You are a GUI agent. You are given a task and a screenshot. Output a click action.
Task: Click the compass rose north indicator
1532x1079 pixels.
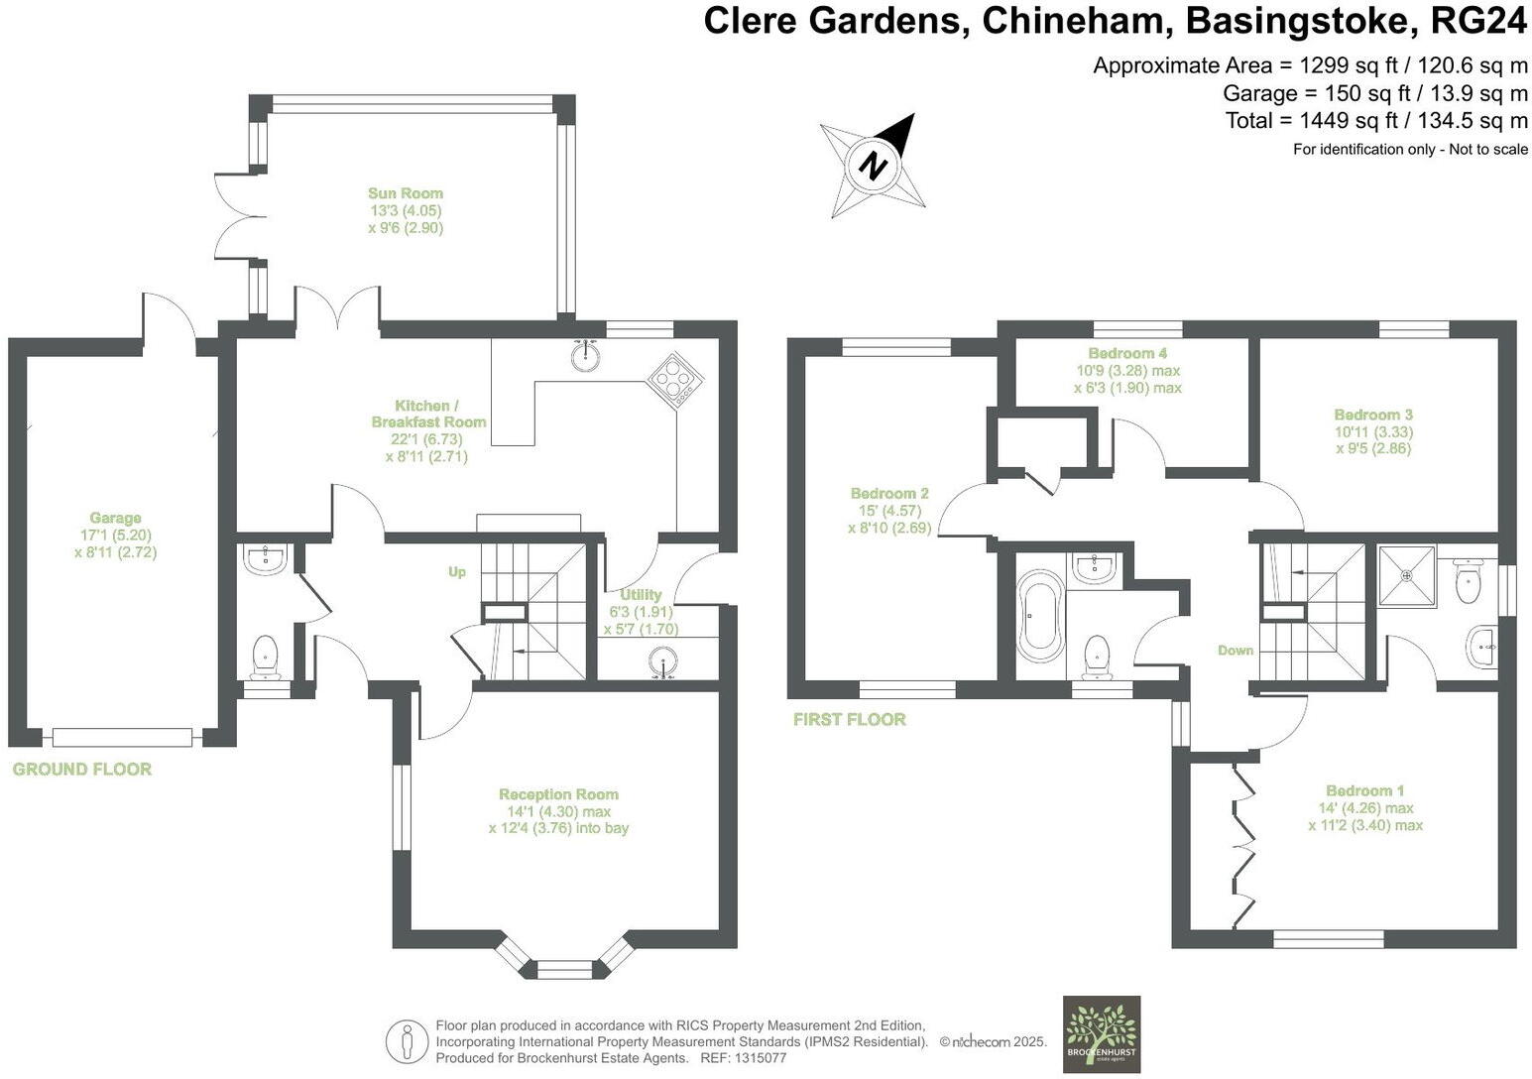pos(873,165)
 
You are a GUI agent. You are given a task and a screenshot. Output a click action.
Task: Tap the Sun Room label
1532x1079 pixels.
pos(405,193)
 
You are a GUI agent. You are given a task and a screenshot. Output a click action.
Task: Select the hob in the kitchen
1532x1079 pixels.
pos(675,380)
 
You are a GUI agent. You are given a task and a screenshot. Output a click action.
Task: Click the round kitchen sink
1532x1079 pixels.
pos(587,355)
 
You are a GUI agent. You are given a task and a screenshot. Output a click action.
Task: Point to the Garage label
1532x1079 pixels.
pos(115,518)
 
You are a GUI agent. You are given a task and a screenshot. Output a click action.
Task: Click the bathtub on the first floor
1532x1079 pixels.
pos(1040,615)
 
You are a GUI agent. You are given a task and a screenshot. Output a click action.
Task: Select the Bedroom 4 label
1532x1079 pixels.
pos(1127,353)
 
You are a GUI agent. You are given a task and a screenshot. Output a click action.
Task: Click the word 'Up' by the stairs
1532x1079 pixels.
pos(457,572)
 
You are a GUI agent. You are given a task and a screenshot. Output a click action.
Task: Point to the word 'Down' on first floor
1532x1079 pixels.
pos(1236,651)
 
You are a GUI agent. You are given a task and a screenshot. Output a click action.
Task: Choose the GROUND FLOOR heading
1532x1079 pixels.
pos(81,769)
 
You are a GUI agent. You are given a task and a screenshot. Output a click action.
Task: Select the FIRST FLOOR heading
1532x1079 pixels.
pos(849,719)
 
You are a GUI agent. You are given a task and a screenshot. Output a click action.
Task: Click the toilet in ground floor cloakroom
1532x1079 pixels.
pos(265,656)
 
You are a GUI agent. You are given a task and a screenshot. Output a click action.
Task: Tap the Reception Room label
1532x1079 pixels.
pos(558,794)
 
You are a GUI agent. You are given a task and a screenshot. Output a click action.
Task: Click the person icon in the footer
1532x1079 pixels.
pos(406,1040)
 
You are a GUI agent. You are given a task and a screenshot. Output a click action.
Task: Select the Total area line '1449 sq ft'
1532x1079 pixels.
pos(1376,121)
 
